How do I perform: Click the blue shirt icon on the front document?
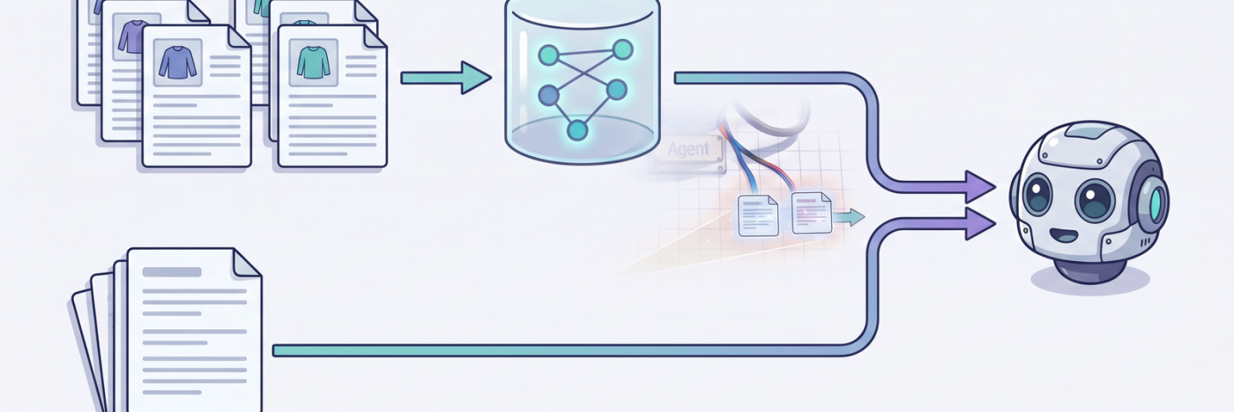pyautogui.click(x=177, y=63)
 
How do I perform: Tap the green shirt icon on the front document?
pyautogui.click(x=314, y=63)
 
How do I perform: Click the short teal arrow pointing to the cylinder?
pyautogui.click(x=446, y=78)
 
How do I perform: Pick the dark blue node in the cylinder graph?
pyautogui.click(x=548, y=95)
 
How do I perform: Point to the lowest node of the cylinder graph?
pyautogui.click(x=577, y=131)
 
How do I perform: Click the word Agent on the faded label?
pyautogui.click(x=688, y=149)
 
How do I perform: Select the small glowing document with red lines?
pyautogui.click(x=812, y=213)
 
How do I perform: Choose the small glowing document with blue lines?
pyautogui.click(x=758, y=215)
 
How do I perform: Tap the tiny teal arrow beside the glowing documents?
pyautogui.click(x=849, y=217)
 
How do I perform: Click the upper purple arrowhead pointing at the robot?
pyautogui.click(x=980, y=187)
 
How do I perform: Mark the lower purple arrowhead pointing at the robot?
pyautogui.click(x=980, y=223)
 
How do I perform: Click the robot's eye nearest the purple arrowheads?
pyautogui.click(x=1038, y=194)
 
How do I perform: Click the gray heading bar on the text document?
pyautogui.click(x=172, y=272)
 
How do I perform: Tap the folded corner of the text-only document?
pyautogui.click(x=247, y=262)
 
